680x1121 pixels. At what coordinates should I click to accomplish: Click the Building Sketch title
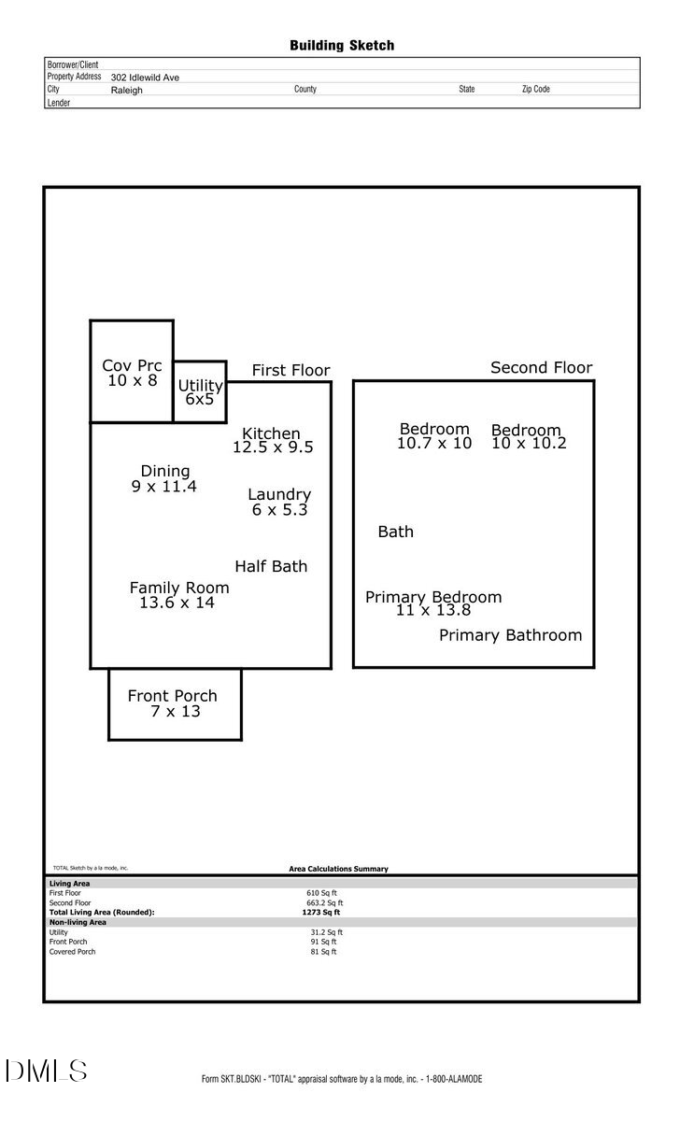click(342, 45)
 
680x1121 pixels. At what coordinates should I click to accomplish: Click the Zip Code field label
click(535, 90)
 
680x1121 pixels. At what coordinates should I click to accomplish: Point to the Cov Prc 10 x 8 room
click(132, 373)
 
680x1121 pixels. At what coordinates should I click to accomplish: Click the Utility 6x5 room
click(200, 392)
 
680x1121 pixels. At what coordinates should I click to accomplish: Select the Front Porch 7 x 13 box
click(175, 703)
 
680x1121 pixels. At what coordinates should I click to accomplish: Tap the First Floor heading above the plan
click(290, 371)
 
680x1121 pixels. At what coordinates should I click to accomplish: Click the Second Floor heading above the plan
click(541, 368)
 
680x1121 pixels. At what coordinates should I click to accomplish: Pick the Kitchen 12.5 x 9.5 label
click(272, 440)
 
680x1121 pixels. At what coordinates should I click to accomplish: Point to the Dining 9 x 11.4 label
click(164, 478)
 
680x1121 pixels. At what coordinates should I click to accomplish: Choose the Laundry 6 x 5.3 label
click(279, 502)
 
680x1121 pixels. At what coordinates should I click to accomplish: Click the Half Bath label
click(271, 566)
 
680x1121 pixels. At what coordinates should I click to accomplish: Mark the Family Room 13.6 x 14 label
click(178, 595)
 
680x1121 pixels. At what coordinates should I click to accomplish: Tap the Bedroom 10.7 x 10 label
click(434, 436)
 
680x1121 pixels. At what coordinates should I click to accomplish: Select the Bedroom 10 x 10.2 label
click(528, 436)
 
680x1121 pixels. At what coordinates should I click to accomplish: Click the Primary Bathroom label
click(510, 635)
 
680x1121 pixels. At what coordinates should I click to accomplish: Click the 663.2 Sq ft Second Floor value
click(326, 903)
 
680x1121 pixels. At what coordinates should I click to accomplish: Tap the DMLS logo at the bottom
click(47, 1071)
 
